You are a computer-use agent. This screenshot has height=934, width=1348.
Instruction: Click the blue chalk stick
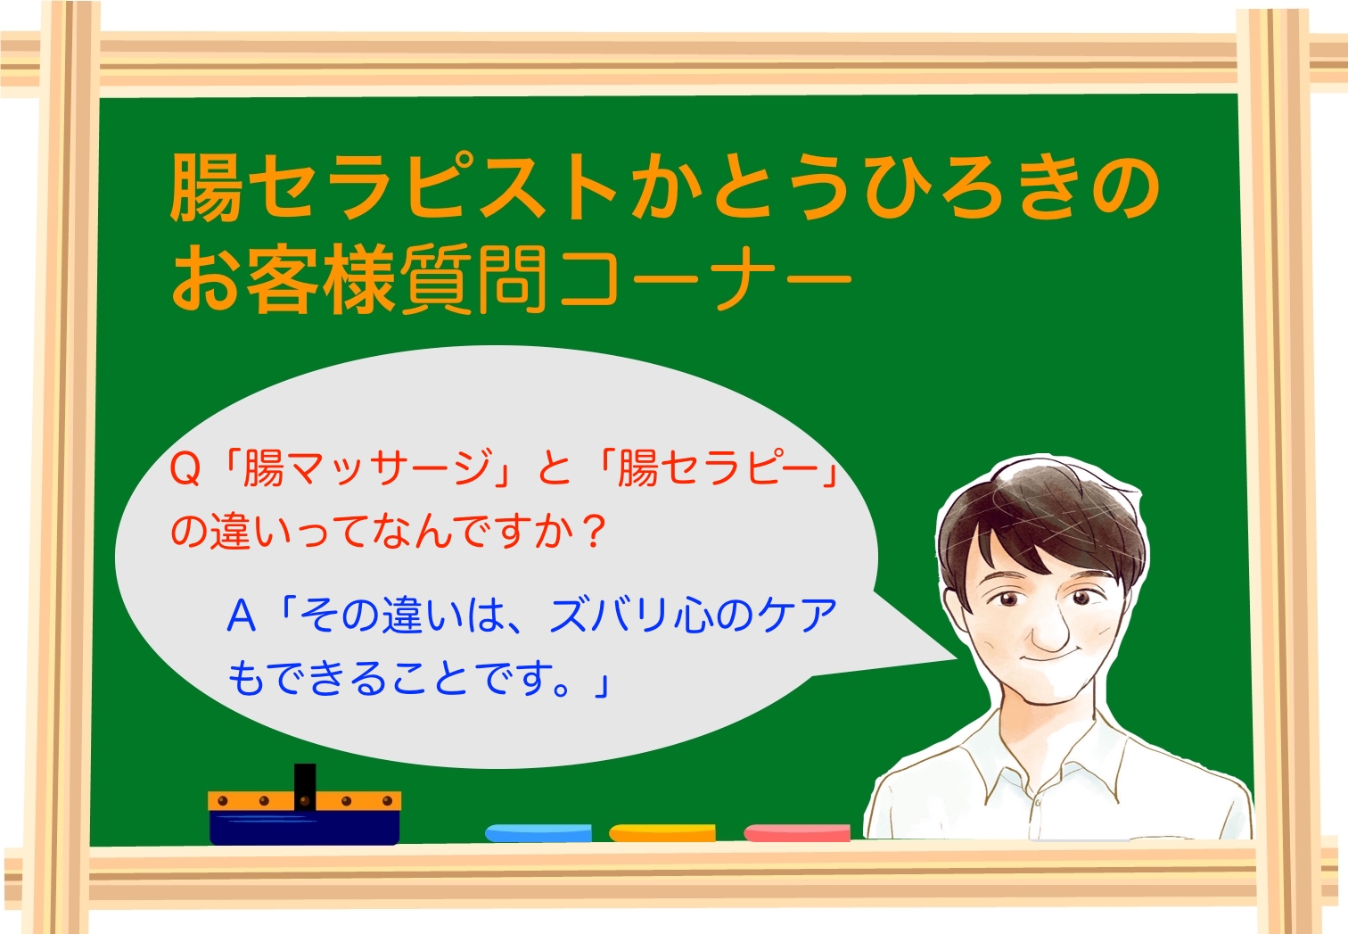tap(538, 833)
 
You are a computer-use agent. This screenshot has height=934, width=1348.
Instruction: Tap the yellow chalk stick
tap(662, 833)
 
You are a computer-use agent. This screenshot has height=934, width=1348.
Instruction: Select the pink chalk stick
tap(797, 833)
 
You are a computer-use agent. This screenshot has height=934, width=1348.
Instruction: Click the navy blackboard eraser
tap(305, 818)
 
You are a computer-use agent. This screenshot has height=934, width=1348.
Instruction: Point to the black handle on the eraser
tap(305, 786)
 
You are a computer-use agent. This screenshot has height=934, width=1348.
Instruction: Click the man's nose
tap(1050, 632)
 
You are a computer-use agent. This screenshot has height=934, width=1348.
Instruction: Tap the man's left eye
tap(1081, 598)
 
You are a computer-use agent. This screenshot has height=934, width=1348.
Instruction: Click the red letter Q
tap(185, 470)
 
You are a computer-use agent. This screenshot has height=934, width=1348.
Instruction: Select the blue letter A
tap(242, 616)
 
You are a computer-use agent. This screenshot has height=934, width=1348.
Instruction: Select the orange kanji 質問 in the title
tap(473, 280)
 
